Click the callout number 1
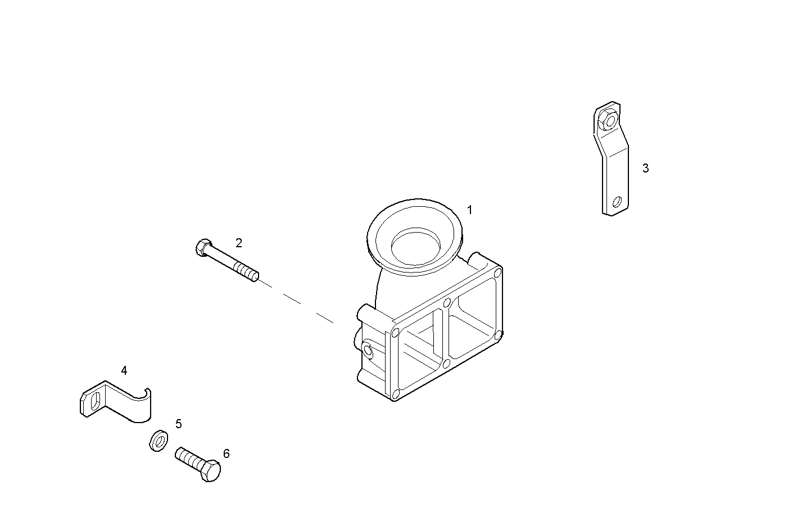point(470,210)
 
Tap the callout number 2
point(239,243)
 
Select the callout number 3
point(645,168)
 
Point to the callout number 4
point(124,370)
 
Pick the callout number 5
point(178,424)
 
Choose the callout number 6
point(226,453)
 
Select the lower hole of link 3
point(617,201)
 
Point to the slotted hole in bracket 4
point(97,401)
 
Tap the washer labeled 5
point(157,440)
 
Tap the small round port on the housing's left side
point(368,351)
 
